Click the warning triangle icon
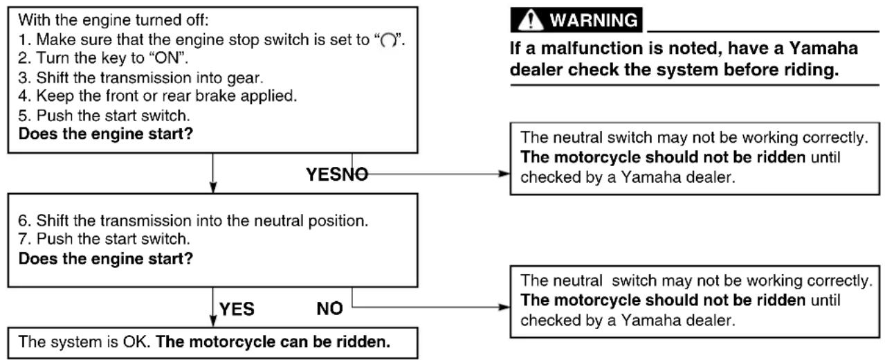click(530, 20)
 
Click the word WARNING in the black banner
click(594, 20)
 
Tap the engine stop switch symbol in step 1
click(388, 40)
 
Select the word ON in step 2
click(166, 58)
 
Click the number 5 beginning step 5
click(23, 116)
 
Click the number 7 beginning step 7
click(23, 239)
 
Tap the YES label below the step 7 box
click(237, 309)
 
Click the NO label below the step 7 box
click(330, 309)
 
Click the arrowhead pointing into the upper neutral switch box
click(504, 174)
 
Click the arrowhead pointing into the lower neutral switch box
click(504, 307)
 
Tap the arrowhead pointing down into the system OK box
click(213, 321)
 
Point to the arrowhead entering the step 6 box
click(213, 188)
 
